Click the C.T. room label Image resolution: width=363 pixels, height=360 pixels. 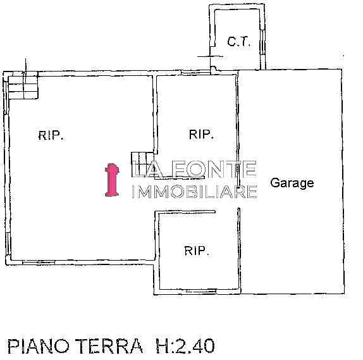(x=238, y=42)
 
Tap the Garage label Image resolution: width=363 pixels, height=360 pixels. (x=292, y=183)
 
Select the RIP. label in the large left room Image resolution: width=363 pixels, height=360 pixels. (x=51, y=135)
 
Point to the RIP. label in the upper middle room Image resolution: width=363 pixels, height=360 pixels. (x=201, y=134)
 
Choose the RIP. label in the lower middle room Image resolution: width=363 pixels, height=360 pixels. (x=197, y=251)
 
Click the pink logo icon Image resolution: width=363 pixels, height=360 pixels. (x=112, y=180)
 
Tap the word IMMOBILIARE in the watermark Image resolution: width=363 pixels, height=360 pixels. (x=194, y=192)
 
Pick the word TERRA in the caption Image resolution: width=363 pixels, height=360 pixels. (x=109, y=346)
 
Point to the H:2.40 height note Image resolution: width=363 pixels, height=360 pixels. (x=185, y=346)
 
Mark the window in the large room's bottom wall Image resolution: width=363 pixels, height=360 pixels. (x=39, y=262)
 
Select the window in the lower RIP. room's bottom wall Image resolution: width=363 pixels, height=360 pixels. (x=201, y=291)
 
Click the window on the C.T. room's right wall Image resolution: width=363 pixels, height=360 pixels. (x=262, y=42)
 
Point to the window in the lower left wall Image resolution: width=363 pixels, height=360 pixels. (x=8, y=244)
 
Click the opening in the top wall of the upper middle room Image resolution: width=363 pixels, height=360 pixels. (x=196, y=72)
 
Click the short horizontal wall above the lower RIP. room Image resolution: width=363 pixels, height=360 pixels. (x=185, y=211)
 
